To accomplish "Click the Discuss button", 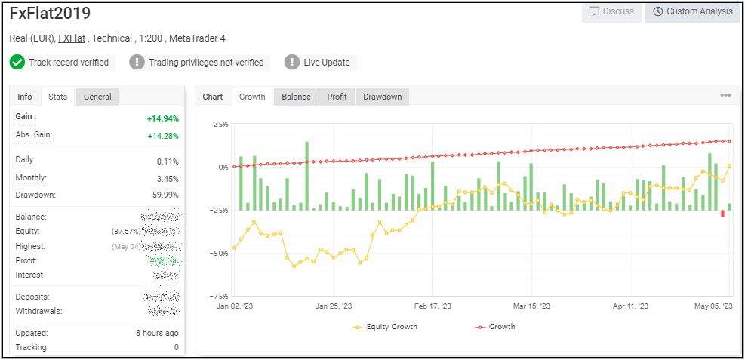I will coord(611,11).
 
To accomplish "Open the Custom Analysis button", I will coord(692,11).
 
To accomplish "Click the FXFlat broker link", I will coord(72,38).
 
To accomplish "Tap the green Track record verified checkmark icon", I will coord(17,63).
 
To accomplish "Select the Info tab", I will coord(25,97).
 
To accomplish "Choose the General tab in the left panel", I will coord(97,97).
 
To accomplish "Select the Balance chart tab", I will coord(296,97).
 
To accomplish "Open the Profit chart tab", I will coord(337,97).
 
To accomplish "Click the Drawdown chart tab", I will coord(382,97).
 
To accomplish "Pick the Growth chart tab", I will coord(252,97).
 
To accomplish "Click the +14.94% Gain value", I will coord(162,118).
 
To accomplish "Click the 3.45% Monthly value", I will coord(167,179).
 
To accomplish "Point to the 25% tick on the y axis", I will coord(221,124).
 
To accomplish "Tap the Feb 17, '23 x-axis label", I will coord(433,306).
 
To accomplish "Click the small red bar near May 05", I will coord(722,214).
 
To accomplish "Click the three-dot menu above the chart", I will coord(725,96).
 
